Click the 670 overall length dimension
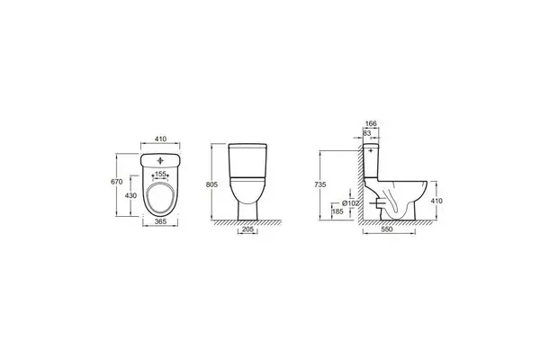click(x=117, y=182)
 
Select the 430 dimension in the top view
click(x=130, y=195)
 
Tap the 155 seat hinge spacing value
click(x=160, y=174)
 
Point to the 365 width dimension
click(x=160, y=222)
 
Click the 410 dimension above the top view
click(x=160, y=139)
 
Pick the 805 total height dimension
click(x=211, y=184)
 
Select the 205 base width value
click(x=248, y=229)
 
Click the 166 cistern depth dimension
click(x=371, y=123)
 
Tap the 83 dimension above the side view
click(x=367, y=132)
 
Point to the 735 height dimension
click(x=320, y=184)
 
